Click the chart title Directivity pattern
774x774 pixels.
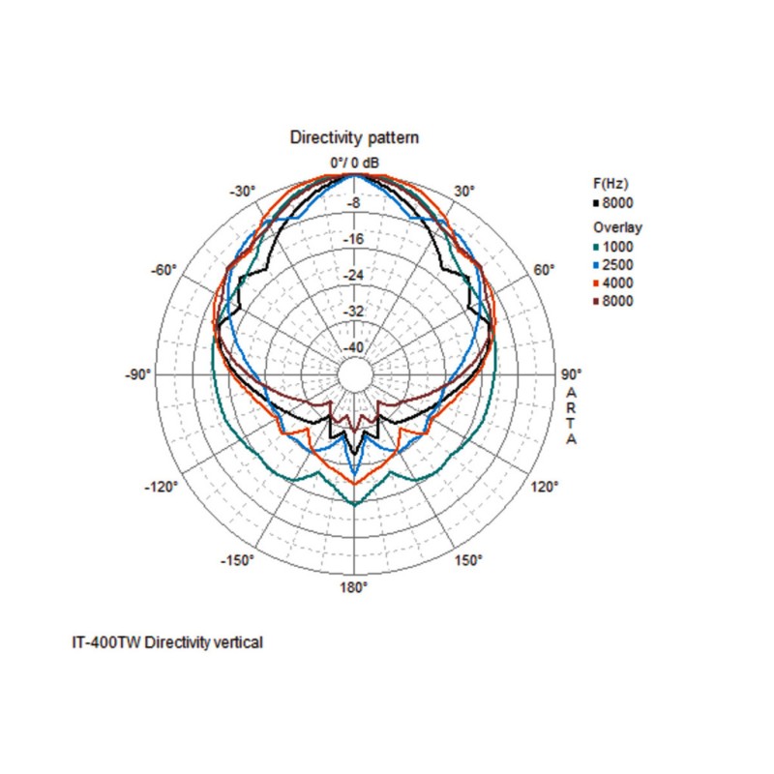(354, 138)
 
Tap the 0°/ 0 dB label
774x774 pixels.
(354, 162)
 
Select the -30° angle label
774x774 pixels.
(243, 191)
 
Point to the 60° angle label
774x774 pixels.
(544, 269)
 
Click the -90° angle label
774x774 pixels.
(138, 373)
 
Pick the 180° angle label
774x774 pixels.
(354, 587)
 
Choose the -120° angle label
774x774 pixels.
(163, 486)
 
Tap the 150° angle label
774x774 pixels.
(468, 560)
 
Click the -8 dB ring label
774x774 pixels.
(354, 203)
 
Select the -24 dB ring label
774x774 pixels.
(354, 276)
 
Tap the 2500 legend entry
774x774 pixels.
(618, 264)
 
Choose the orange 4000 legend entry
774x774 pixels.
(618, 283)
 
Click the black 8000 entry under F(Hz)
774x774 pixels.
(618, 203)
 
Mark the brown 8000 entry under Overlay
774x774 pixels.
(618, 301)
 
